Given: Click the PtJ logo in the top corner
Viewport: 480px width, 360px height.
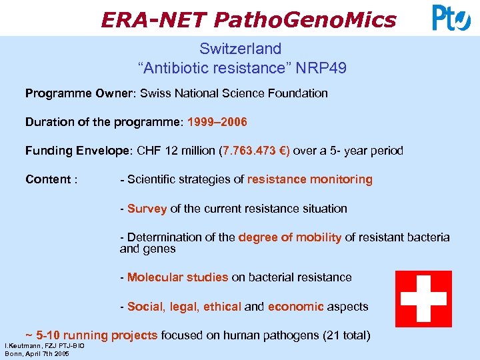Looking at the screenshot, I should point(451,18).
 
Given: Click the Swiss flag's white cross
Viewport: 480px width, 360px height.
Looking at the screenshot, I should point(423,298).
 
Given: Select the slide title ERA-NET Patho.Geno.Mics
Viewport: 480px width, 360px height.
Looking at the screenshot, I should point(248,19).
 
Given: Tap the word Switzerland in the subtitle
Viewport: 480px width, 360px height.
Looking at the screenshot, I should point(241,49).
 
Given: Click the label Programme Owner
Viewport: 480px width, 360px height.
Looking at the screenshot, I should point(78,93).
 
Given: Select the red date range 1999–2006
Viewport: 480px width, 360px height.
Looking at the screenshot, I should point(217,122).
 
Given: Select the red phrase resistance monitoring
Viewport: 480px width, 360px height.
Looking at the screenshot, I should point(310,179).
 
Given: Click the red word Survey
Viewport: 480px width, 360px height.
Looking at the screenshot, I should point(147,208).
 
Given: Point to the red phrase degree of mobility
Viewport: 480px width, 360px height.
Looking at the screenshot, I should point(289,237).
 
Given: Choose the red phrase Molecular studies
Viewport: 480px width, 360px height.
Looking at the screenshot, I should point(177,277).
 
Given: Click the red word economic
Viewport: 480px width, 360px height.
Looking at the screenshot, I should point(295,307).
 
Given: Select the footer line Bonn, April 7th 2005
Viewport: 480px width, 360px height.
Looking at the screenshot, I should point(37,353).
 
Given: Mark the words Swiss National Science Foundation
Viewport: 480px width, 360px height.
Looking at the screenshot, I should point(234,93).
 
